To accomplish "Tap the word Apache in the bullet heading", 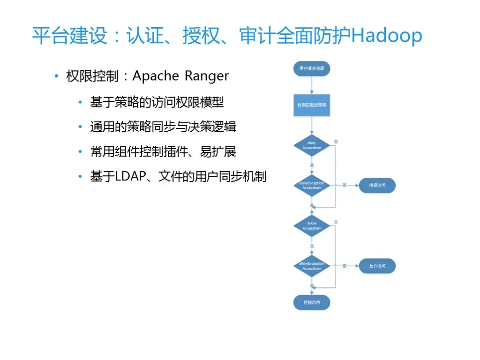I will [156, 76].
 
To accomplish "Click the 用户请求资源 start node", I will [312, 68].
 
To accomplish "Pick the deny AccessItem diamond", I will [312, 145].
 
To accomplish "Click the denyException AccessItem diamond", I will [312, 185].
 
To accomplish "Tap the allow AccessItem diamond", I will [312, 225].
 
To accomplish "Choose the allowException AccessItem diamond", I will [312, 266].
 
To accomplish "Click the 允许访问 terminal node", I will [377, 266].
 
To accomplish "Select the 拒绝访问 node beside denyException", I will [377, 186].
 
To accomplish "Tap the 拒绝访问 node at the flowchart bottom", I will [312, 302].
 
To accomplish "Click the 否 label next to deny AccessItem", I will [336, 141].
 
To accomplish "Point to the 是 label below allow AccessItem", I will [312, 246].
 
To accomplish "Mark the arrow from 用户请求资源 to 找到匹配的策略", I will [312, 86].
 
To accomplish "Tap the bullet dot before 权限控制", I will [56, 76].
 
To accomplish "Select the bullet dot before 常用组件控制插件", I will [81, 152].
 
